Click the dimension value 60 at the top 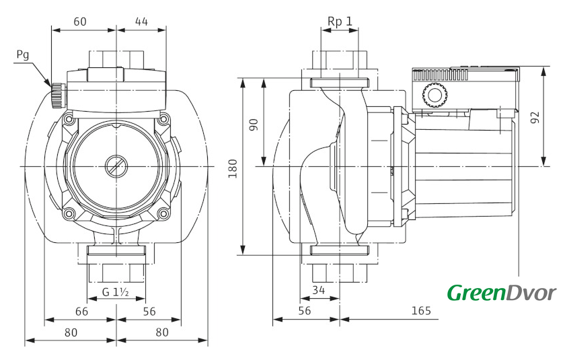coord(80,22)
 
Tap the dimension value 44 coord(142,22)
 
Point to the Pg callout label coord(23,55)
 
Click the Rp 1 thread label coord(340,22)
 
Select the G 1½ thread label coord(116,291)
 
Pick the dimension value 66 coord(81,312)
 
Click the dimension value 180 coord(233,168)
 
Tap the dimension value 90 coord(254,124)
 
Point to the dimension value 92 coord(536,118)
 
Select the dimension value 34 coord(319,290)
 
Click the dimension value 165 coord(421,310)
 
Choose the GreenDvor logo coord(502,292)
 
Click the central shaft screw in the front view coord(116,166)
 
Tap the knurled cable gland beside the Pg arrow coord(57,95)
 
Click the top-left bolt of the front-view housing coord(68,119)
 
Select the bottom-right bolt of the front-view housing coord(164,214)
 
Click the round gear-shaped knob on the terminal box coord(435,96)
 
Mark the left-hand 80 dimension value coord(71,332)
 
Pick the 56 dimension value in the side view coord(305,311)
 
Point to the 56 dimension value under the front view coord(149,312)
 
